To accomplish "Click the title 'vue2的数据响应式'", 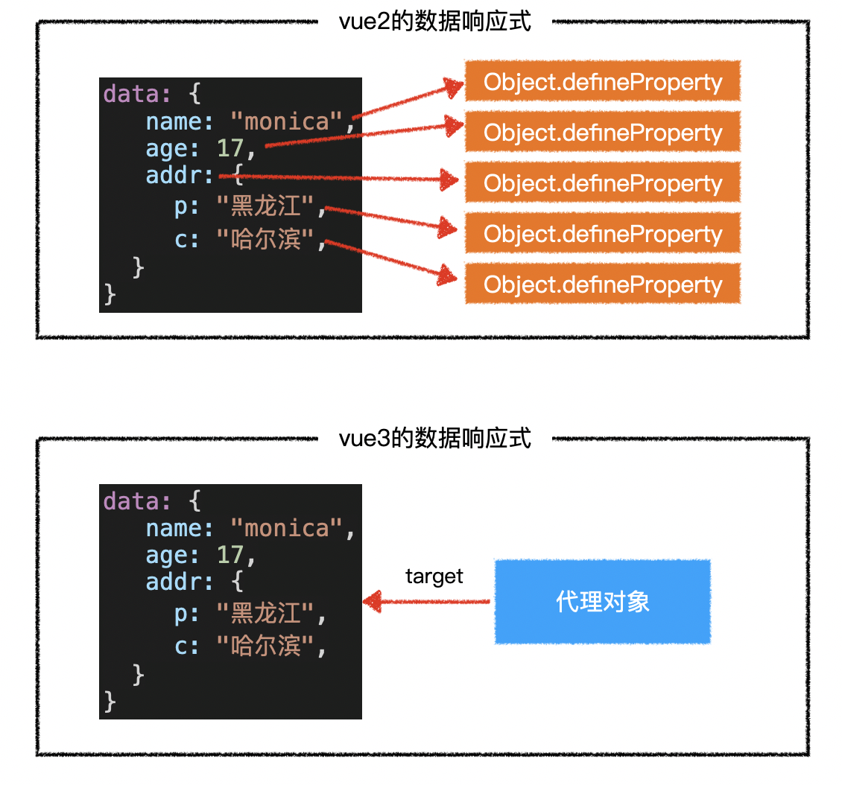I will [x=435, y=22].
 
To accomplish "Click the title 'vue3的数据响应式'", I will [x=435, y=438].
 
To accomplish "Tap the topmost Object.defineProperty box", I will [x=603, y=82].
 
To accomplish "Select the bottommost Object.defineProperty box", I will [x=603, y=285].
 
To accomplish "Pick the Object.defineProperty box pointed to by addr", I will [x=603, y=183].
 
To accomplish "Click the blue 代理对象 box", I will [x=603, y=602].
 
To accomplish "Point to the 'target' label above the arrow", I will [x=434, y=576].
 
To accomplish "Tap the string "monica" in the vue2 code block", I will [x=287, y=121].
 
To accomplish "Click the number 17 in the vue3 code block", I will [x=231, y=556].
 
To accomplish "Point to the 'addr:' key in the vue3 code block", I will [x=180, y=581].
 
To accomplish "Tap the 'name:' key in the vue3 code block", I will [x=180, y=528].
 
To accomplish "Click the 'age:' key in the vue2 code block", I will [x=172, y=149].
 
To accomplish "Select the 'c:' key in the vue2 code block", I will [x=187, y=240].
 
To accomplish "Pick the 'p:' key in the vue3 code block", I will [x=187, y=614].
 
